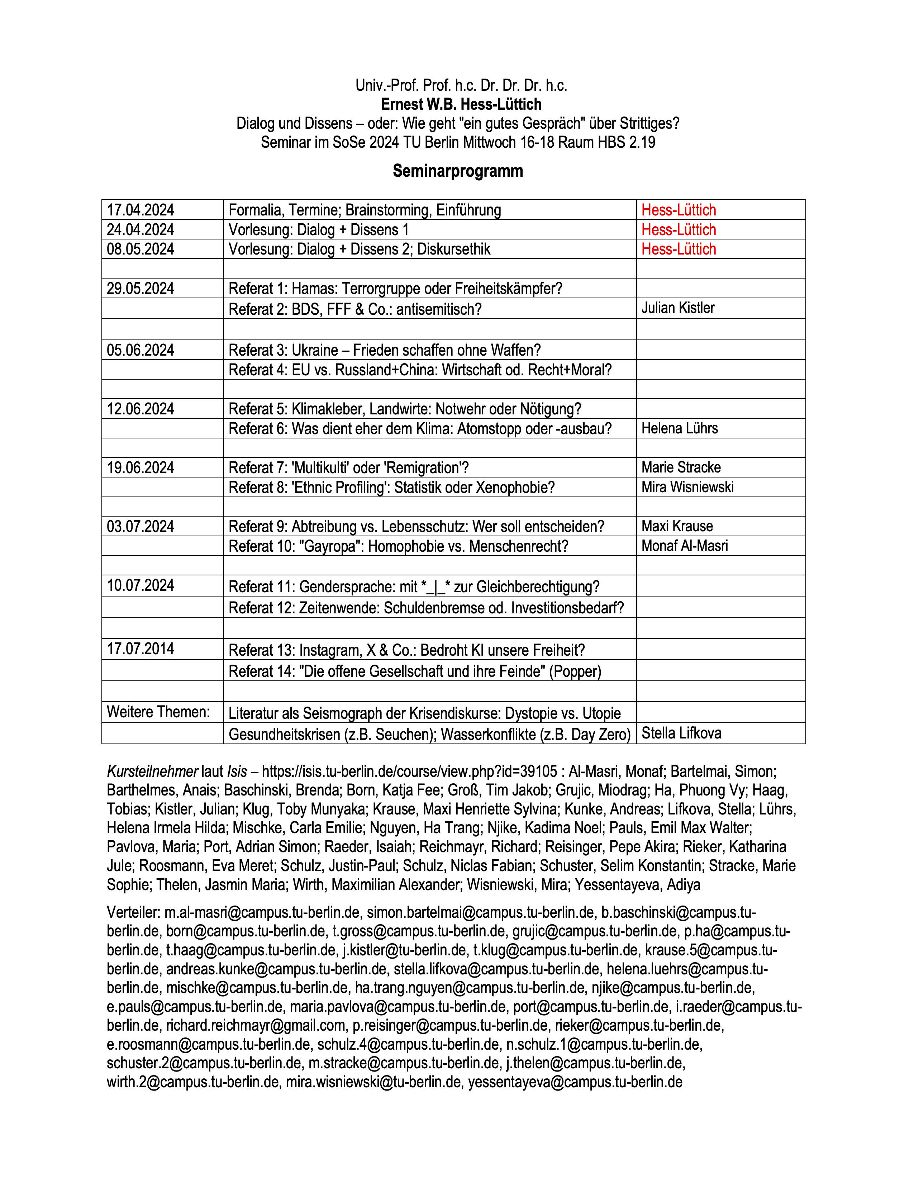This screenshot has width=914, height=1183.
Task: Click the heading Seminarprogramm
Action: (x=458, y=171)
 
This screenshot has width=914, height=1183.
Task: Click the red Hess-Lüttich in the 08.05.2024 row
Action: (x=679, y=249)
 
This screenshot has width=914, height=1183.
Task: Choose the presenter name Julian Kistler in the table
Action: (x=678, y=308)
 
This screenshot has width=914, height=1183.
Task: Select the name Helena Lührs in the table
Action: (x=680, y=428)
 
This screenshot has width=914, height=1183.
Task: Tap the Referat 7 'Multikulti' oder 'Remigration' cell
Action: (x=349, y=468)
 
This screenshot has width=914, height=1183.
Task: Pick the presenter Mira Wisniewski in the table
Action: (x=687, y=487)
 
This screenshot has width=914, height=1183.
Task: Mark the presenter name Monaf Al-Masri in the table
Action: (x=684, y=546)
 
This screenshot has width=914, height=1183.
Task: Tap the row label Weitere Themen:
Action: (x=158, y=712)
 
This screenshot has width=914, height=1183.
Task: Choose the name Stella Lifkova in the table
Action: (x=681, y=733)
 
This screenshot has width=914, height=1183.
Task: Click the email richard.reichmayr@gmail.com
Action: (x=256, y=1025)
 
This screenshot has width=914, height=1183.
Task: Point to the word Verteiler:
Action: (x=133, y=912)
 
